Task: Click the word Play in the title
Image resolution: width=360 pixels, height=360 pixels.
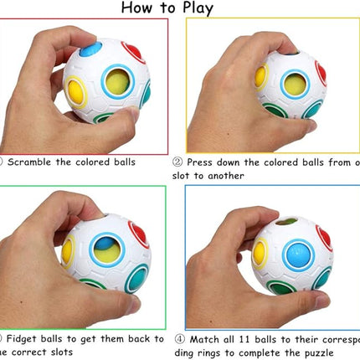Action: click(x=194, y=8)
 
